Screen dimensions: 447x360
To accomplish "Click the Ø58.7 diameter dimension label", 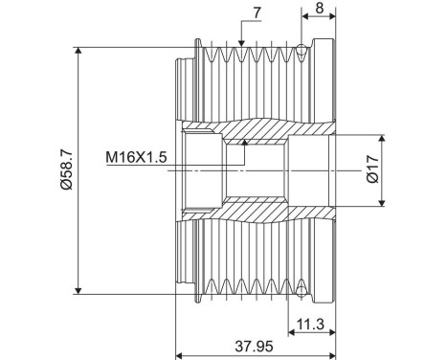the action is pyautogui.click(x=67, y=170).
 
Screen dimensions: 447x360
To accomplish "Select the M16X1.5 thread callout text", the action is pyautogui.click(x=136, y=157).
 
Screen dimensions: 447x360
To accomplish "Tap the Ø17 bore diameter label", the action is pyautogui.click(x=372, y=169).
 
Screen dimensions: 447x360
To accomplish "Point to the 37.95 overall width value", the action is pyautogui.click(x=254, y=347).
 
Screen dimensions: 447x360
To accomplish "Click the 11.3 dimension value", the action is pyautogui.click(x=310, y=325).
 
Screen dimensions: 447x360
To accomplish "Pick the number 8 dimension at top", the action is pyautogui.click(x=320, y=8).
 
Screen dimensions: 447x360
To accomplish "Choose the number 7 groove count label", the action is pyautogui.click(x=257, y=12).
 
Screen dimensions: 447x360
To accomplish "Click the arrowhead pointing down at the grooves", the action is pyautogui.click(x=241, y=43).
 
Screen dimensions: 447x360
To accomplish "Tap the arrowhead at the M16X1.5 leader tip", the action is pyautogui.click(x=245, y=143).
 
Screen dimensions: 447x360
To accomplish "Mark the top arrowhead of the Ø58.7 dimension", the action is pyautogui.click(x=78, y=51).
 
